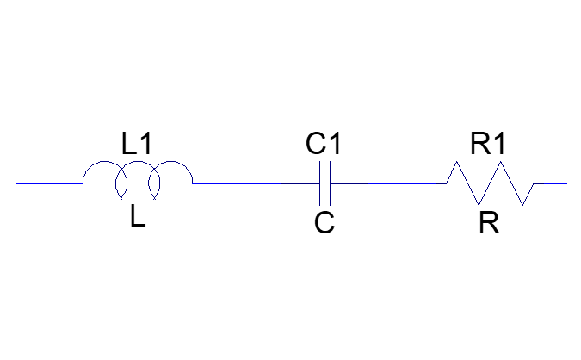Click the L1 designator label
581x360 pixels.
pyautogui.click(x=136, y=144)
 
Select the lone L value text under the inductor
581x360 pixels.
pyautogui.click(x=138, y=216)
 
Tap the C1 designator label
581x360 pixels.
pyautogui.click(x=323, y=144)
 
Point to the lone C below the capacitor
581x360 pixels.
pyautogui.click(x=324, y=222)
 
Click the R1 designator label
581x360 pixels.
pyautogui.click(x=488, y=144)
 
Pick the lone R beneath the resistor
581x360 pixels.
pyautogui.click(x=489, y=223)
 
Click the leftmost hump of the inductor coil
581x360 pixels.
pyautogui.click(x=105, y=162)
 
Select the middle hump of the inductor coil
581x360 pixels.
pyautogui.click(x=138, y=162)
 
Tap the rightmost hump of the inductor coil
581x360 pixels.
pyautogui.click(x=171, y=162)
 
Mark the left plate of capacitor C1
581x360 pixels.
pyautogui.click(x=320, y=183)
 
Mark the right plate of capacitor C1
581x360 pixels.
pyautogui.click(x=330, y=183)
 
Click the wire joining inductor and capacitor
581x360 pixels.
pyautogui.click(x=256, y=183)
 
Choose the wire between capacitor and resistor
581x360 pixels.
pyautogui.click(x=388, y=183)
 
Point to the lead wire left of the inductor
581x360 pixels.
pyautogui.click(x=50, y=183)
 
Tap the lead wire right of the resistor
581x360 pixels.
pyautogui.click(x=550, y=183)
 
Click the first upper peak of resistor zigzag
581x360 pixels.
pyautogui.click(x=456, y=162)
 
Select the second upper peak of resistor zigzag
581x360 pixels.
pyautogui.click(x=501, y=162)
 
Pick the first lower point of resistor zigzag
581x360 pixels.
pyautogui.click(x=479, y=205)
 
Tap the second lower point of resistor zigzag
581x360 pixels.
pyautogui.click(x=522, y=205)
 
